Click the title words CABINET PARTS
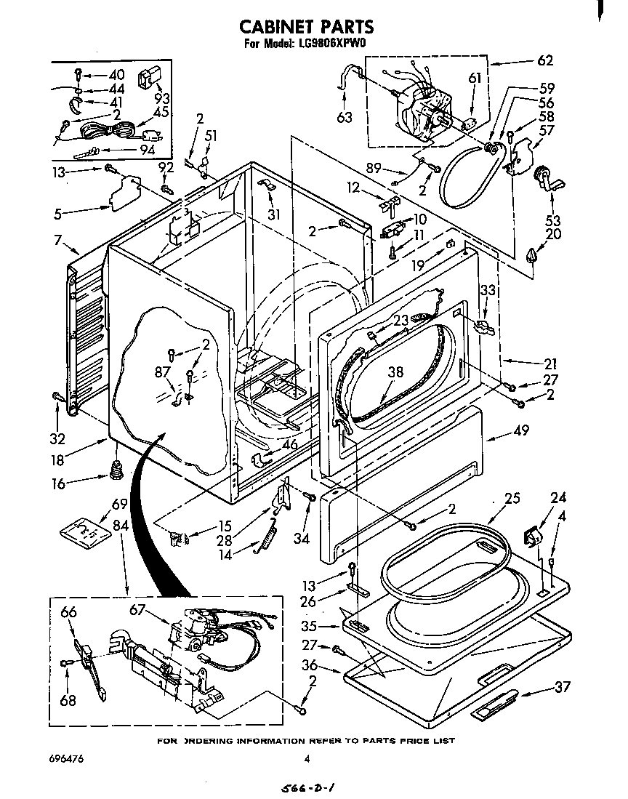pos(307,27)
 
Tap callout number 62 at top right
pos(545,60)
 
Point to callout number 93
pos(162,99)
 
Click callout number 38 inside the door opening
pos(395,371)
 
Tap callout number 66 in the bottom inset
pos(68,613)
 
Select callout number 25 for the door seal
pos(512,499)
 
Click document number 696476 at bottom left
pos(67,759)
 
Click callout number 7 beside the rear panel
pos(57,241)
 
